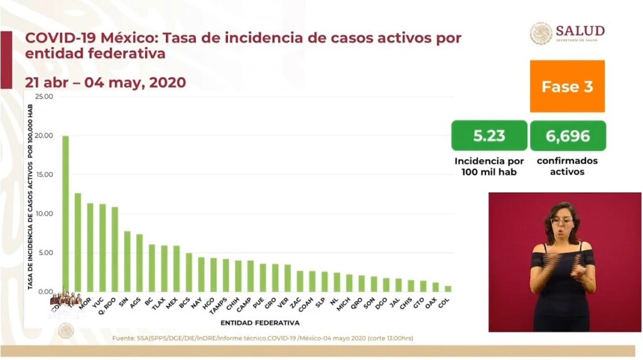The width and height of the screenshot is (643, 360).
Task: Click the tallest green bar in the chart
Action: pos(65,214)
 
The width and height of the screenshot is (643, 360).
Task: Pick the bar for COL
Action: pos(448,289)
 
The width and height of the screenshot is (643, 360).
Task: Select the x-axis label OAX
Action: pos(431,303)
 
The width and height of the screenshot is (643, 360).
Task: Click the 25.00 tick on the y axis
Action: pos(45,97)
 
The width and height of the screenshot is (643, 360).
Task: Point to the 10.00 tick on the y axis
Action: pos(45,214)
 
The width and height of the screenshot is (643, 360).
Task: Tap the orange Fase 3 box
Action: pos(567,87)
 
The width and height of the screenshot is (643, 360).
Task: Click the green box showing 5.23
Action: pos(489,136)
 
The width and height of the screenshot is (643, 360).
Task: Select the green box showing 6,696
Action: pos(568,136)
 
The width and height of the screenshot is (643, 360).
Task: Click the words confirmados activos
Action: pos(568,166)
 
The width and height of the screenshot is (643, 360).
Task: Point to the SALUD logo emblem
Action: pos(541,33)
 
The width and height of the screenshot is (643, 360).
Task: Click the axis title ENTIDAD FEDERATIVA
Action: pos(260,322)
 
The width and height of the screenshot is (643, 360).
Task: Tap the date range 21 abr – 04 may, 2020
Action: pos(105,82)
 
